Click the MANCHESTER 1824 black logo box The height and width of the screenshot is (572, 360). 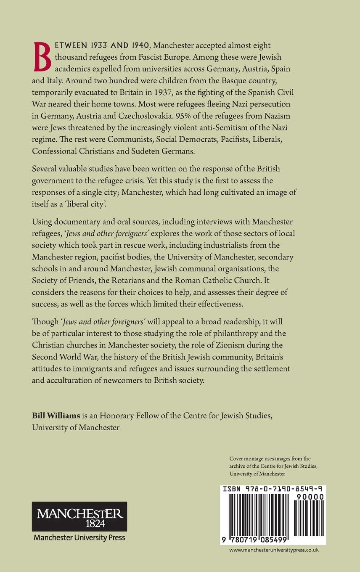pyautogui.click(x=79, y=517)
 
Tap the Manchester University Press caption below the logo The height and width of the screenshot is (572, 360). pyautogui.click(x=79, y=538)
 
